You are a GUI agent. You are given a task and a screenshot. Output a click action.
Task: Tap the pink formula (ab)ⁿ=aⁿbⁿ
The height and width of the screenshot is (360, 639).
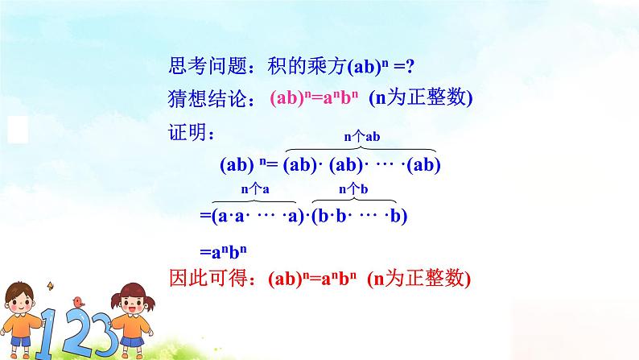click(308, 98)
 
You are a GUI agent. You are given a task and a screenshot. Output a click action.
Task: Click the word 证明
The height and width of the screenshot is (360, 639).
click(187, 131)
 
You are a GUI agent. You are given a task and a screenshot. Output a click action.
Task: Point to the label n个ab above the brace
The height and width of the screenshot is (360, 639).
click(361, 138)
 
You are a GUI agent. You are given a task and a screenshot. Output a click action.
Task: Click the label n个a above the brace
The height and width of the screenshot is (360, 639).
click(254, 189)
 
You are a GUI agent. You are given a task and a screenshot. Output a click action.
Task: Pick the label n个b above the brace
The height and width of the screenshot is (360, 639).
click(353, 189)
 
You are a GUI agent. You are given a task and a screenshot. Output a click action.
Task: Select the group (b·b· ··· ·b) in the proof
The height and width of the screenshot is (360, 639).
click(361, 216)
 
